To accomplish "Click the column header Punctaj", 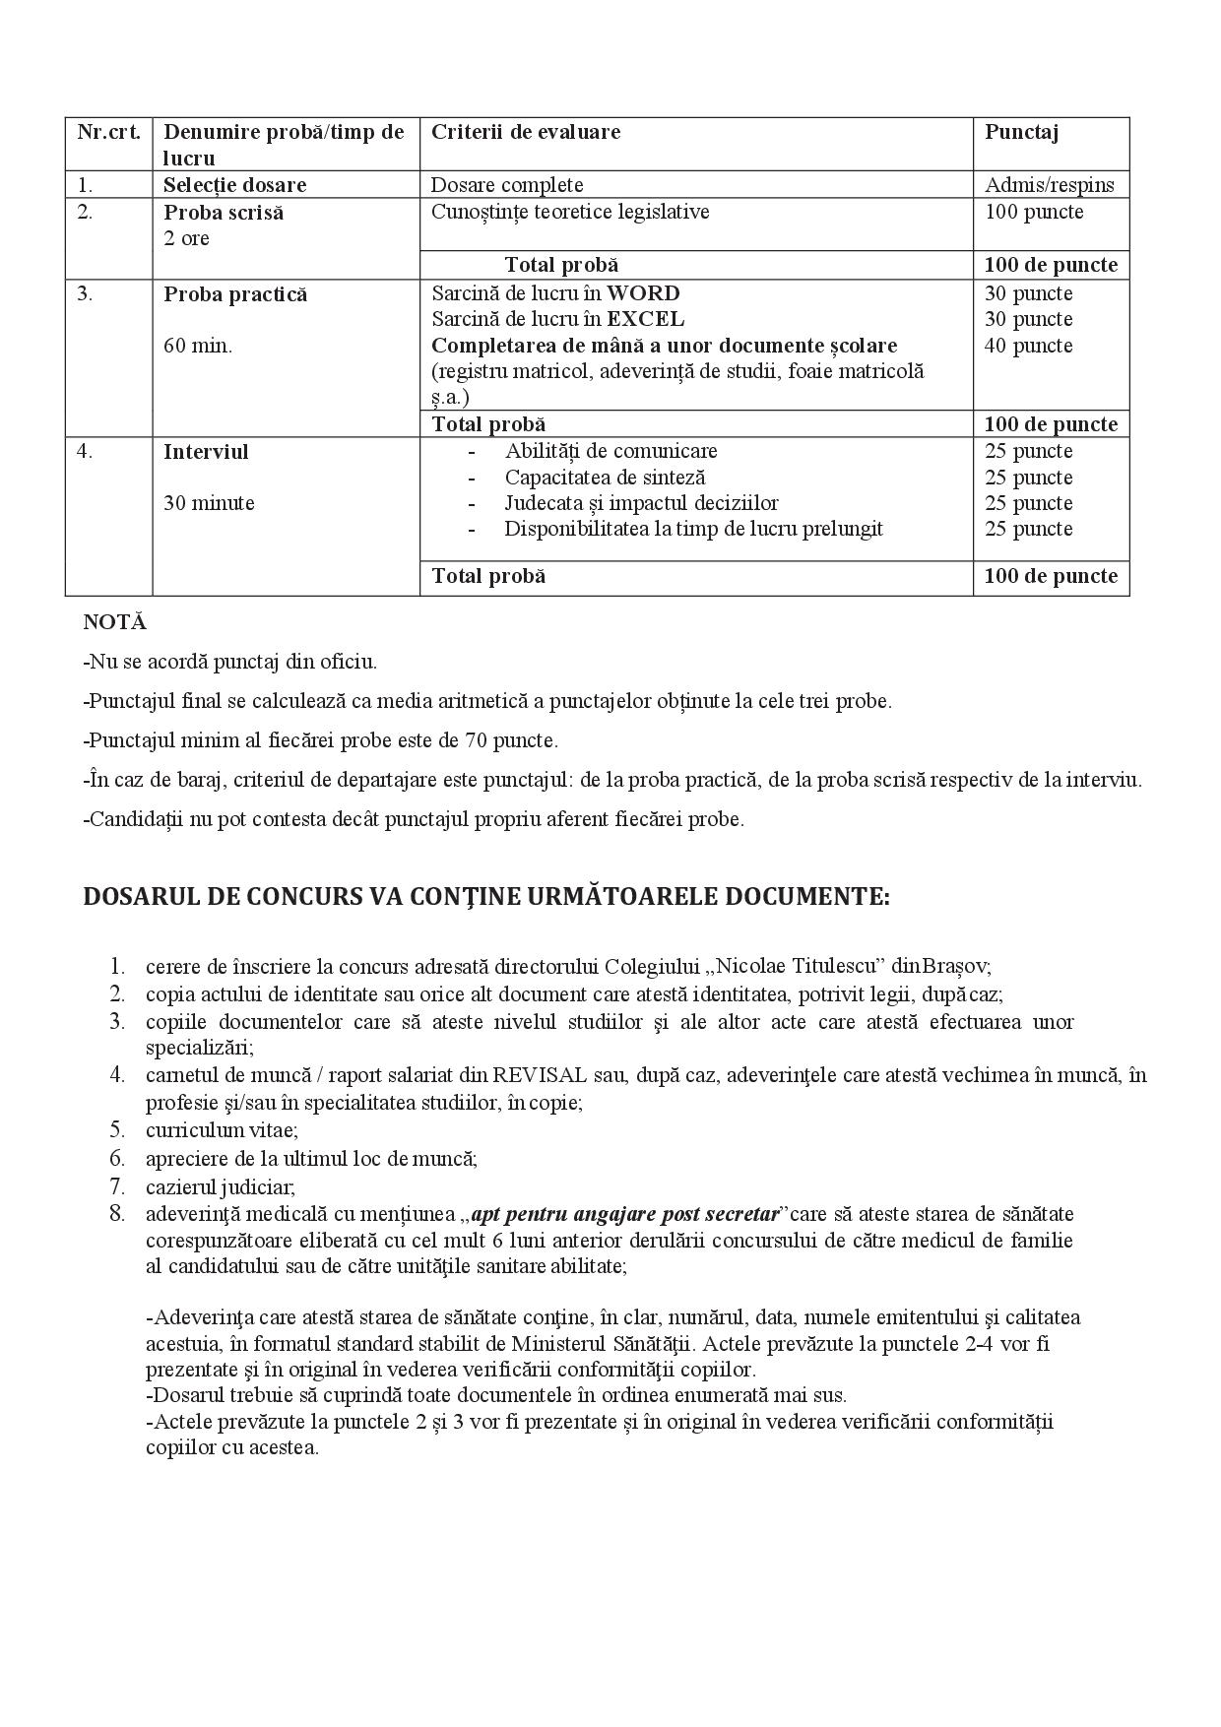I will coord(1021,132).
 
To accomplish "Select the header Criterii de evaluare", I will coord(526,132).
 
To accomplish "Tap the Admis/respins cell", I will coord(1050,185).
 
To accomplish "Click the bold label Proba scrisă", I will coord(224,213).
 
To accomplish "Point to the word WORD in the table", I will coord(643,293).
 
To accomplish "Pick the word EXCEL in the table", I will coord(645,319).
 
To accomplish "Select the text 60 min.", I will coord(198,346).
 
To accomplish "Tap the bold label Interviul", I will coord(206,452).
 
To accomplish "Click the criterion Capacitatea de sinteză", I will coord(605,478).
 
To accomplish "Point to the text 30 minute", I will coord(209,503).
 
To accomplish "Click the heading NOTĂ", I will coord(114,622).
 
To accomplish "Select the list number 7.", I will coord(118,1186).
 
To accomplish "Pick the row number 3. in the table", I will coord(86,293).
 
